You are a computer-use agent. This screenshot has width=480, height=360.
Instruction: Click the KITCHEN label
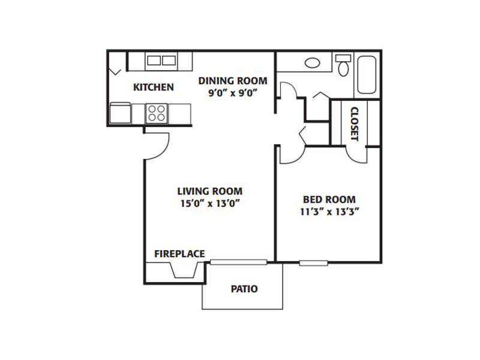(154, 87)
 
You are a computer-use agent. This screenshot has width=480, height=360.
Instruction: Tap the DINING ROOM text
(233, 81)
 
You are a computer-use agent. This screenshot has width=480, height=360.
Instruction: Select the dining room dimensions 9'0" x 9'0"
(232, 93)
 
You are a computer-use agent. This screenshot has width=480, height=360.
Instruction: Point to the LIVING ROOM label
(209, 191)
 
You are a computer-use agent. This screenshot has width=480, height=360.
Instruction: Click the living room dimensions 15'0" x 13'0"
(209, 203)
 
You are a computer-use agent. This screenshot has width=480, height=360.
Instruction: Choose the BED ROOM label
(329, 200)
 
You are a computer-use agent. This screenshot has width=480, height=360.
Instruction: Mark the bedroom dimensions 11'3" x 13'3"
(329, 212)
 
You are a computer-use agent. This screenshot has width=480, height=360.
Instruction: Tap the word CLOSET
(354, 124)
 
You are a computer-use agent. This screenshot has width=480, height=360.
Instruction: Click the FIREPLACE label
(179, 254)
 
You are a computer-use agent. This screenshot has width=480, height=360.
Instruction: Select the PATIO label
(244, 289)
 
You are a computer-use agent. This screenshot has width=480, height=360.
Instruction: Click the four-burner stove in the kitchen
(157, 113)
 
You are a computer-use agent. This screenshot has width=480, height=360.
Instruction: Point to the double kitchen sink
(161, 61)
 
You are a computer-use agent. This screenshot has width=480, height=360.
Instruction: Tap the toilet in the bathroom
(343, 66)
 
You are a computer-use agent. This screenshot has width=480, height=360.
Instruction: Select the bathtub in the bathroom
(367, 74)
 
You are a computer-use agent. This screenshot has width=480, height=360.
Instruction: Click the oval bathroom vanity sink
(312, 63)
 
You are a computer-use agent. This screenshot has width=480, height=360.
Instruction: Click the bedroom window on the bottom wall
(313, 263)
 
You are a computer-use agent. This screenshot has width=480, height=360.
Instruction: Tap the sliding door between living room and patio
(239, 262)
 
